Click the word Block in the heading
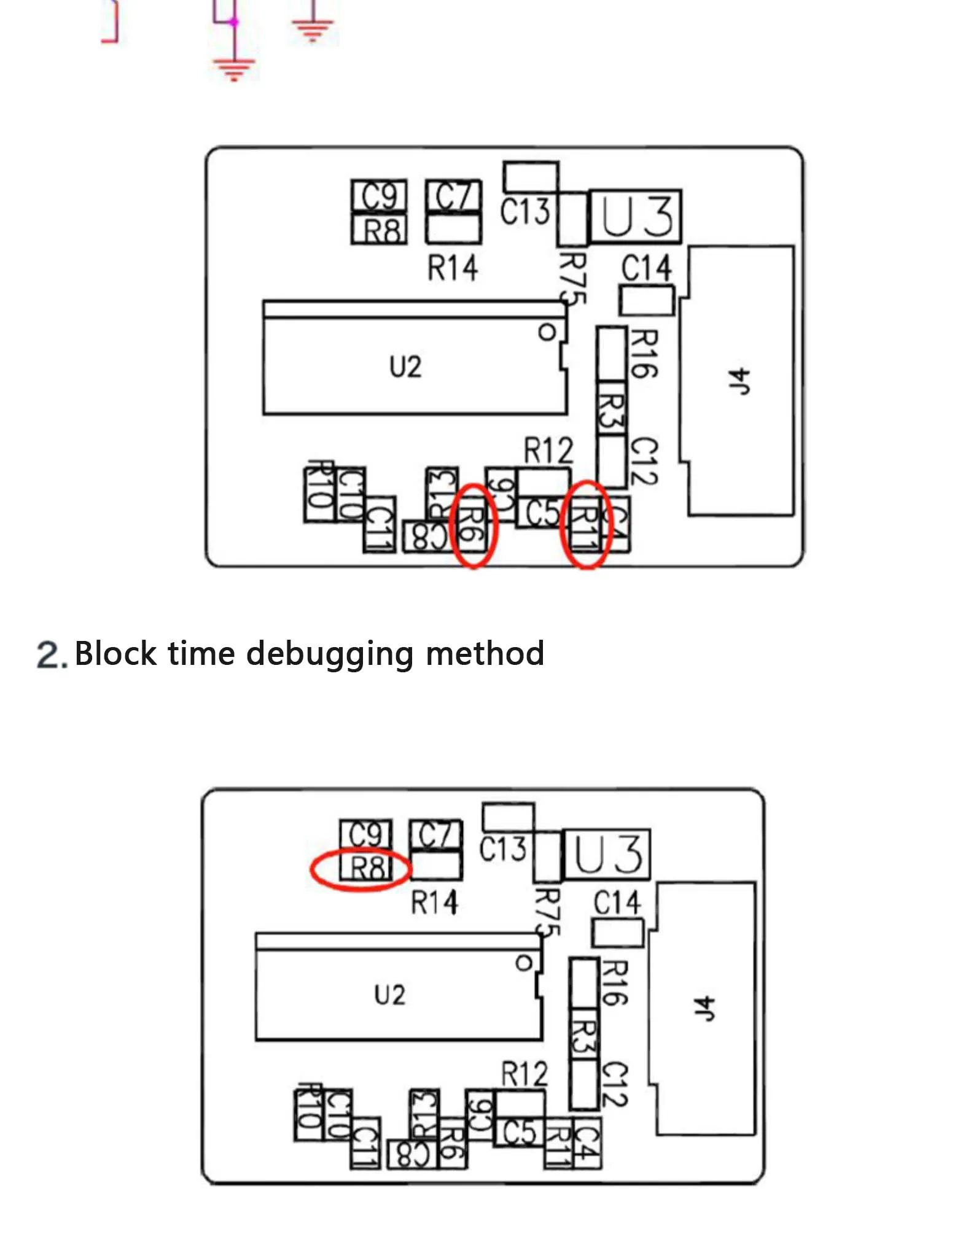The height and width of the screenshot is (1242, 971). tap(115, 653)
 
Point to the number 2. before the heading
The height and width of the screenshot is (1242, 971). tap(50, 655)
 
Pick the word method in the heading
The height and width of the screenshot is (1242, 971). tap(485, 653)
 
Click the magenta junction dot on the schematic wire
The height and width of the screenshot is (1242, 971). tap(234, 23)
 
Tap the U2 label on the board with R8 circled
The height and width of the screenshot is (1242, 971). tap(389, 995)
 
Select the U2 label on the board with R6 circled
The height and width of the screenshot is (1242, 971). tap(405, 367)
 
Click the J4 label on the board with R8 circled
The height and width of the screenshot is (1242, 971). tap(704, 1009)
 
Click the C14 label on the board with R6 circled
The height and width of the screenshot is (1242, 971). tap(646, 268)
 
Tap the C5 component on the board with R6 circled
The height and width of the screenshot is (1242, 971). tap(543, 513)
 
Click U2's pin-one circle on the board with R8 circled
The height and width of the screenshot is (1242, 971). tap(524, 963)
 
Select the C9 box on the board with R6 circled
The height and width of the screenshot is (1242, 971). tap(379, 196)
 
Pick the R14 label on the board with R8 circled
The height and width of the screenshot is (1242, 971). tap(434, 902)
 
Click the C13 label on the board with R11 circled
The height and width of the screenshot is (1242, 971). tap(524, 212)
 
